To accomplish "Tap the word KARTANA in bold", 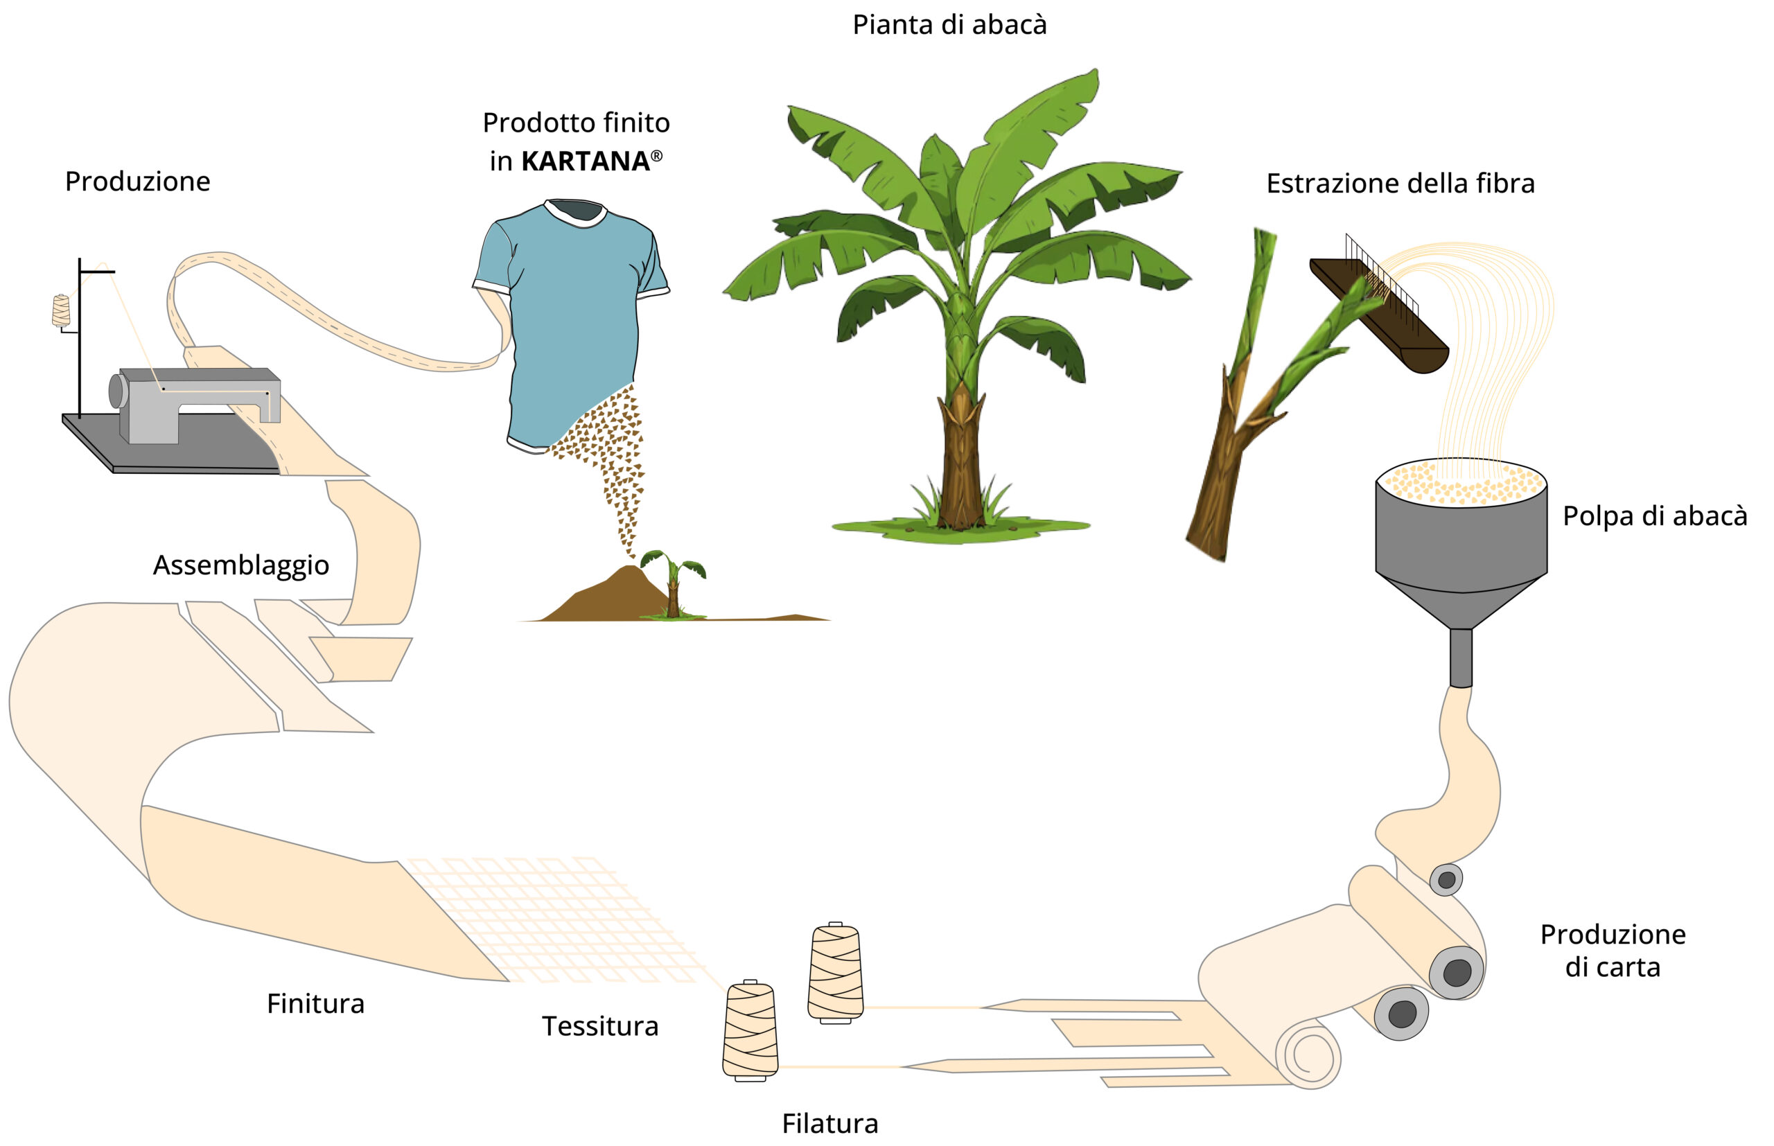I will click(585, 161).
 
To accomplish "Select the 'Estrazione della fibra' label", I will click(1400, 184).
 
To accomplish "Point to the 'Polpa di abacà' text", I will click(1654, 515).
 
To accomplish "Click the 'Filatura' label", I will click(829, 1123).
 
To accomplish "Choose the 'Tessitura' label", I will click(600, 1026).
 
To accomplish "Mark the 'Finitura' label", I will click(315, 1004).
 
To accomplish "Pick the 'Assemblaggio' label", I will click(241, 565).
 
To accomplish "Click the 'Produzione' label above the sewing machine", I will click(138, 182).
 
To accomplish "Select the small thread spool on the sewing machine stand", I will click(61, 311).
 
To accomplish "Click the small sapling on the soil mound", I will click(674, 584).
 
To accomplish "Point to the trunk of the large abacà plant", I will click(960, 461).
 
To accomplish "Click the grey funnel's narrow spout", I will click(1461, 658).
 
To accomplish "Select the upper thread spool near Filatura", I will click(836, 972).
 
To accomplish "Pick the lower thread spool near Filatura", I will click(750, 1031).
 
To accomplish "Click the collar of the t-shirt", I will click(576, 213).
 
